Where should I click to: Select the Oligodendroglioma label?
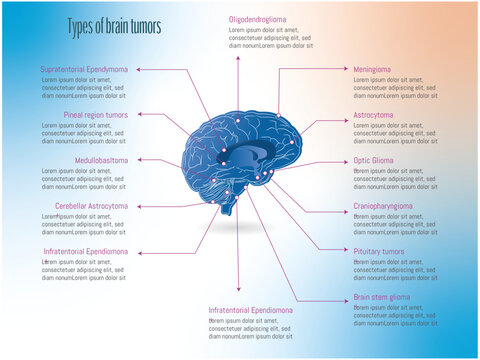click(264, 20)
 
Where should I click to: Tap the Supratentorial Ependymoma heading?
click(84, 70)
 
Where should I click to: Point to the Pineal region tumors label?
click(96, 115)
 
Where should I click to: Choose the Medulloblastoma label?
click(101, 160)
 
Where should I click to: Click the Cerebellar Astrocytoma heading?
click(92, 206)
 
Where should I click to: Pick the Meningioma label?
click(372, 70)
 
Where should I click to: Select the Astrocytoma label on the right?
click(373, 115)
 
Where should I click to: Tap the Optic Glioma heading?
click(373, 160)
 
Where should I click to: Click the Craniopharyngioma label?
click(383, 206)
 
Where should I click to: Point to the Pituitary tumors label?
click(379, 251)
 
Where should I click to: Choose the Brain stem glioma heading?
click(381, 297)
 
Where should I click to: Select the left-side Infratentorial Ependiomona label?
click(86, 251)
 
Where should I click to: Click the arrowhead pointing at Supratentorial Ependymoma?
click(135, 70)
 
